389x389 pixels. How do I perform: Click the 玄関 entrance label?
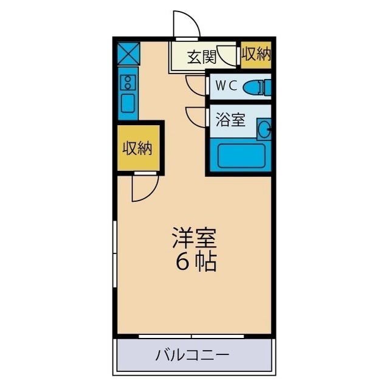coord(201,58)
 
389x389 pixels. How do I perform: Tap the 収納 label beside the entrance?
coord(255,56)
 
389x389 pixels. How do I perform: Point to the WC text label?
coord(225,86)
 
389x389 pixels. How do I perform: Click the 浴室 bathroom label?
coord(230,120)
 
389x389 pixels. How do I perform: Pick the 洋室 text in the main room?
coord(194,237)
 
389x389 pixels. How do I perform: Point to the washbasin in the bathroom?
coord(264,128)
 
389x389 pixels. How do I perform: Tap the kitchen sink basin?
coord(128,102)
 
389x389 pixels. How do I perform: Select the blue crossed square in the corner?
coord(128,53)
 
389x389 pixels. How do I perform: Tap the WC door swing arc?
coord(196,85)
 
